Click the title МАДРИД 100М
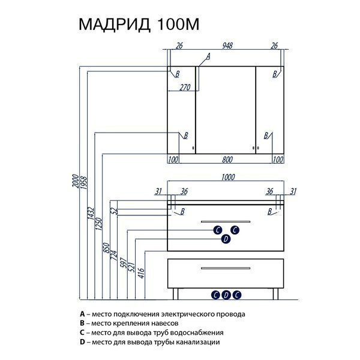[x=139, y=24]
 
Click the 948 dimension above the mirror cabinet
[x=227, y=46]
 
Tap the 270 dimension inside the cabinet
[x=185, y=87]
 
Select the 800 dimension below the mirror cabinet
[x=227, y=160]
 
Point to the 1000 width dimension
[x=228, y=177]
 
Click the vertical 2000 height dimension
[x=76, y=181]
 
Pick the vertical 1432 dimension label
[x=91, y=213]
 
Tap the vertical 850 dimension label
[x=107, y=248]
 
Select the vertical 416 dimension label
[x=141, y=273]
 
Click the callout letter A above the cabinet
[x=208, y=56]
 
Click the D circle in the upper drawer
[x=226, y=239]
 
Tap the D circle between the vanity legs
[x=226, y=295]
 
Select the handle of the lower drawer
[x=226, y=268]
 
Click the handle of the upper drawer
[x=226, y=221]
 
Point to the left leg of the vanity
[x=175, y=294]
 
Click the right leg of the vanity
[x=275, y=294]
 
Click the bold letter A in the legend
[x=82, y=314]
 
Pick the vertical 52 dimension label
[x=115, y=211]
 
